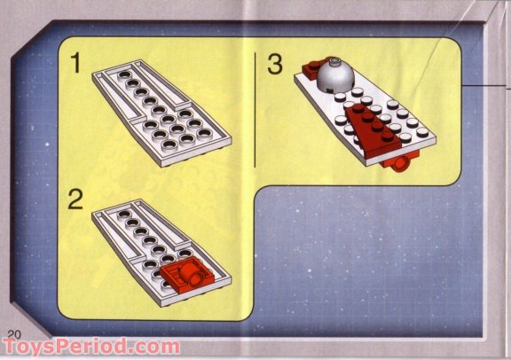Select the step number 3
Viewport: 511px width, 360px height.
(275, 64)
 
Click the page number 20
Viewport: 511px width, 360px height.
(12, 332)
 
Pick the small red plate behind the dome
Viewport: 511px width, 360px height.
(311, 67)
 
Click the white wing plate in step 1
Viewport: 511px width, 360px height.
(160, 111)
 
